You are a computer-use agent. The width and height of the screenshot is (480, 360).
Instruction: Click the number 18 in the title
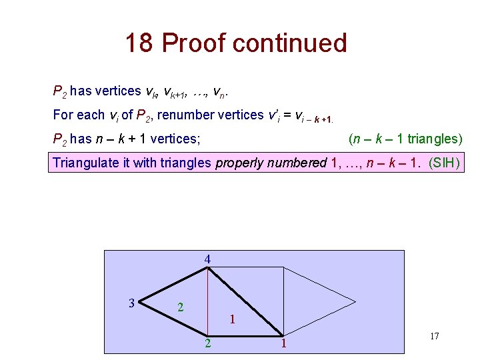tap(140, 43)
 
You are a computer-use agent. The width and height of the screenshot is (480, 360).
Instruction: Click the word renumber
tap(199, 115)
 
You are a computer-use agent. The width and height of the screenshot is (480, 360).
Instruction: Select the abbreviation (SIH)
tap(445, 163)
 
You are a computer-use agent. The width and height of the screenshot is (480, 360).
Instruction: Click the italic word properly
tap(238, 163)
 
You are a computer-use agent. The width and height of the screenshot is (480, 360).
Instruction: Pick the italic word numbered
tap(293, 163)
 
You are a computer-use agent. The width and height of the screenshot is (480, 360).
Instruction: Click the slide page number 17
tap(434, 336)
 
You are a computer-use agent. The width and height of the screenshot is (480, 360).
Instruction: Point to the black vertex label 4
tap(208, 259)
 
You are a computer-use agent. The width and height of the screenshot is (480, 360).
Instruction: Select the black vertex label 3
tap(132, 303)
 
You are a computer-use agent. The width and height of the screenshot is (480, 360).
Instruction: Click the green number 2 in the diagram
tap(181, 308)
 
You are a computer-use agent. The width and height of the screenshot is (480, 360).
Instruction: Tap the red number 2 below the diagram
tap(209, 344)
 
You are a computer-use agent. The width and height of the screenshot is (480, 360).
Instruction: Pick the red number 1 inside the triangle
tap(231, 319)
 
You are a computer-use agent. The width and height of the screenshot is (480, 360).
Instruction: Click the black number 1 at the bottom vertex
tap(283, 344)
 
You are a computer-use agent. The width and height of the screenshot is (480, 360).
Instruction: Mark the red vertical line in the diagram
tap(208, 300)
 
